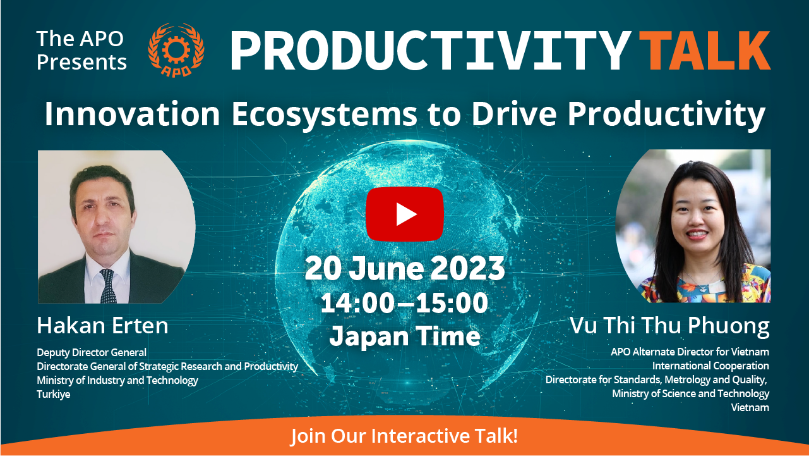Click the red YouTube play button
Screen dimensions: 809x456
click(404, 214)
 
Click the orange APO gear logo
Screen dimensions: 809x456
click(176, 50)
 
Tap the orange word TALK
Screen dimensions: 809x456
click(705, 50)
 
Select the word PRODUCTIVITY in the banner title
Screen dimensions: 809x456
click(430, 50)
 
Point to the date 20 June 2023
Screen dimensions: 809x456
click(404, 268)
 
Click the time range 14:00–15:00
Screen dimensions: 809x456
click(404, 303)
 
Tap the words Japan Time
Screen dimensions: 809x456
click(404, 336)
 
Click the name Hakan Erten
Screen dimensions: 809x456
click(102, 326)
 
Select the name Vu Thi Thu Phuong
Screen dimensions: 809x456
click(669, 326)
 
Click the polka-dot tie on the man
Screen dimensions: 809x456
click(108, 286)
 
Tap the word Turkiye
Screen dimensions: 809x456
click(54, 394)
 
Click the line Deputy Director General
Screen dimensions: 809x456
click(92, 352)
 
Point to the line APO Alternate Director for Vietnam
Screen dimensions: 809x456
click(690, 352)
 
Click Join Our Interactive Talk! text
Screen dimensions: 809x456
click(404, 436)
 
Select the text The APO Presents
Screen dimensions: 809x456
click(81, 50)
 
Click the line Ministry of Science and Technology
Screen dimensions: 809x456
click(690, 393)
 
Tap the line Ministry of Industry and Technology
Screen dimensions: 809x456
click(117, 381)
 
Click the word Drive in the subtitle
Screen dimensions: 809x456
click(514, 114)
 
